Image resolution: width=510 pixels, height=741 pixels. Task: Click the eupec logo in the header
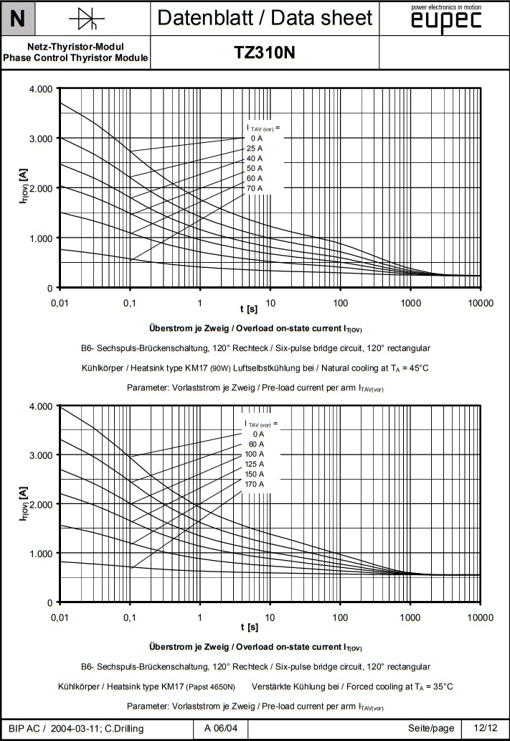[x=445, y=22]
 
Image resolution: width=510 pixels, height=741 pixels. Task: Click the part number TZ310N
[x=265, y=53]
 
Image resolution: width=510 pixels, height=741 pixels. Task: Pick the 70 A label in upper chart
[x=255, y=188]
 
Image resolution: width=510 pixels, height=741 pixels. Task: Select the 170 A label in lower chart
[x=255, y=484]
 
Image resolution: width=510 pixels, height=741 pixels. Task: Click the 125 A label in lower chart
[x=255, y=464]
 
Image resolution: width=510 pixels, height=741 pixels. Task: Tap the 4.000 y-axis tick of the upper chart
[x=41, y=89]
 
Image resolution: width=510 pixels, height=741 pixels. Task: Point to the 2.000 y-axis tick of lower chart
[x=41, y=504]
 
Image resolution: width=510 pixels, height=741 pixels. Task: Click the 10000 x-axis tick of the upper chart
[x=480, y=303]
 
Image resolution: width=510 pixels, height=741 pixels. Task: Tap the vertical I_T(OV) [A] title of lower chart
[x=24, y=504]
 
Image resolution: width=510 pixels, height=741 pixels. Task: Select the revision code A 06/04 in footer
[x=222, y=729]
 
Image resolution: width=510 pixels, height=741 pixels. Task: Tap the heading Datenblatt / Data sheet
[x=265, y=18]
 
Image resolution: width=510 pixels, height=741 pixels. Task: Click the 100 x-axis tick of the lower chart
[x=340, y=617]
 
